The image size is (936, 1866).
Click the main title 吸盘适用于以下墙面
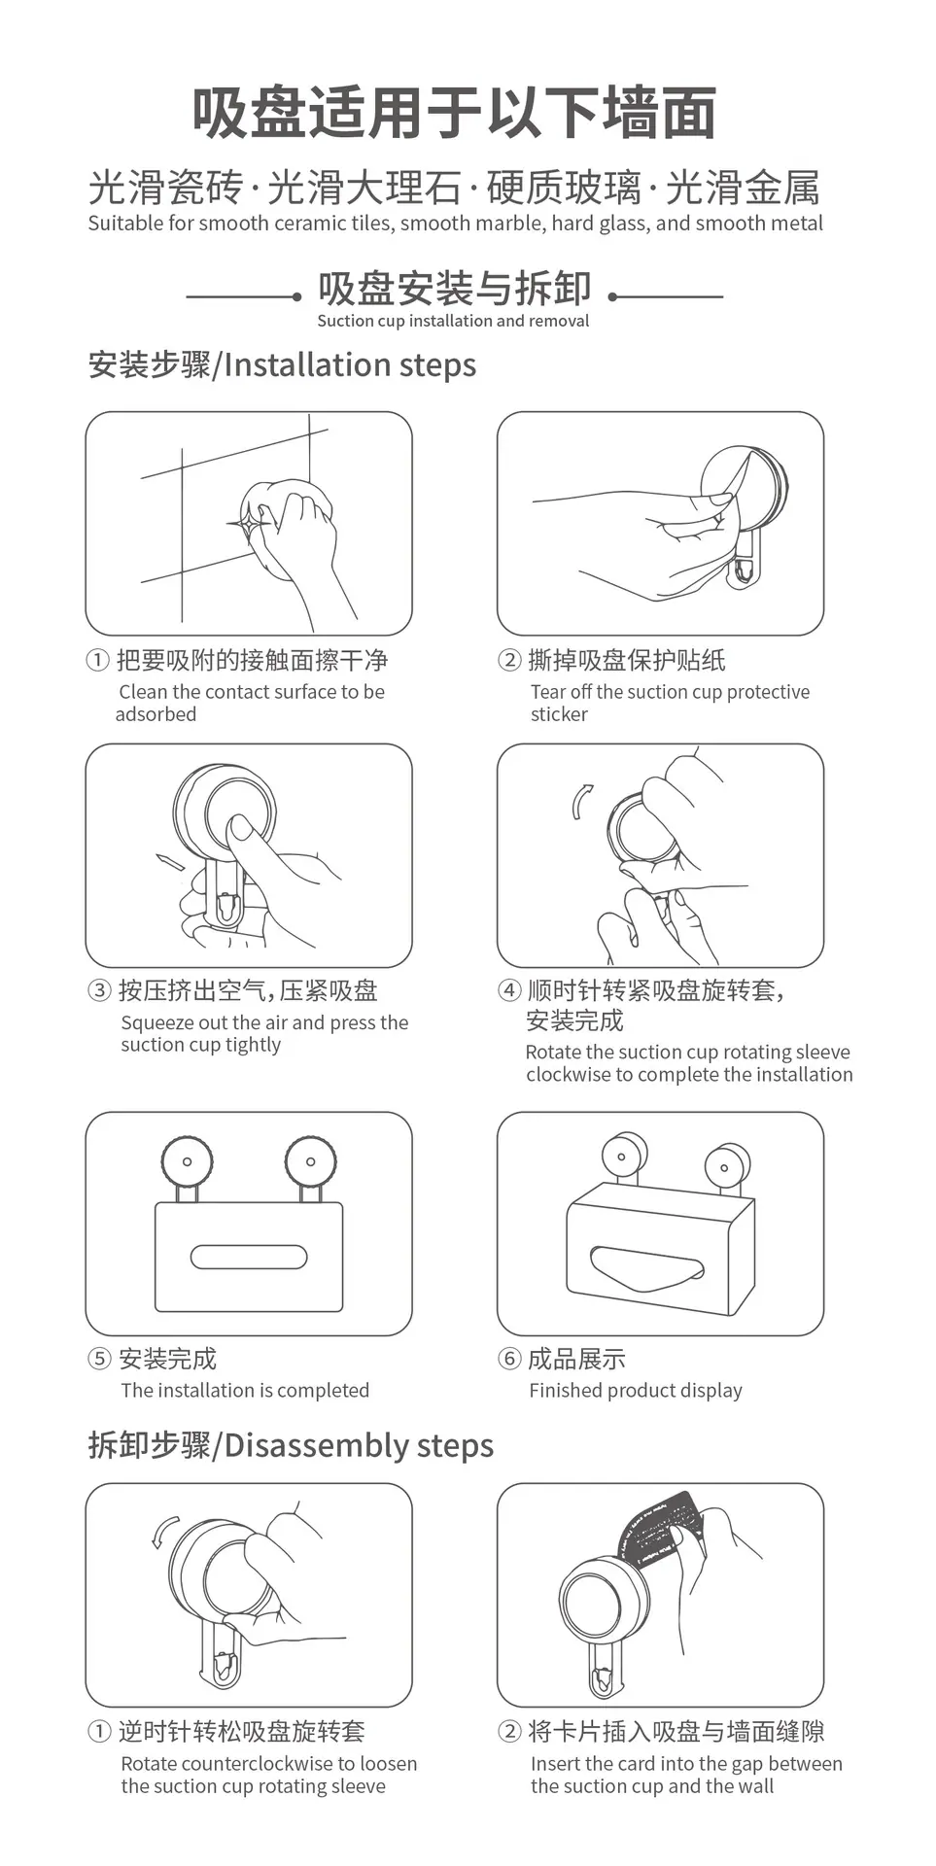pyautogui.click(x=454, y=113)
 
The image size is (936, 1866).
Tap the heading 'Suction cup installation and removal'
pyautogui.click(x=453, y=321)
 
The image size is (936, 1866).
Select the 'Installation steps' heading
pyautogui.click(x=350, y=365)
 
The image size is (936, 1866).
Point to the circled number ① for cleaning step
pyautogui.click(x=97, y=661)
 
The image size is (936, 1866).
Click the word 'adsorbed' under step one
pyautogui.click(x=156, y=714)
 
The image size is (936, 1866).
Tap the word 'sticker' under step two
pyautogui.click(x=559, y=714)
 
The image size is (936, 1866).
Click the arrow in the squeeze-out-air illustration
pyautogui.click(x=170, y=862)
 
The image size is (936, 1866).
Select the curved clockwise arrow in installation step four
pyautogui.click(x=580, y=803)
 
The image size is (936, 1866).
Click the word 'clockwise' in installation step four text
pyautogui.click(x=569, y=1075)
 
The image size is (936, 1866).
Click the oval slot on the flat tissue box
pyautogui.click(x=249, y=1257)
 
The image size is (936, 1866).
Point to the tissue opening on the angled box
pyautogui.click(x=646, y=1263)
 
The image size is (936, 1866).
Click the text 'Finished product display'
pyautogui.click(x=636, y=1391)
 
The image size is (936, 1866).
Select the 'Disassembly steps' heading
pyautogui.click(x=359, y=1446)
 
